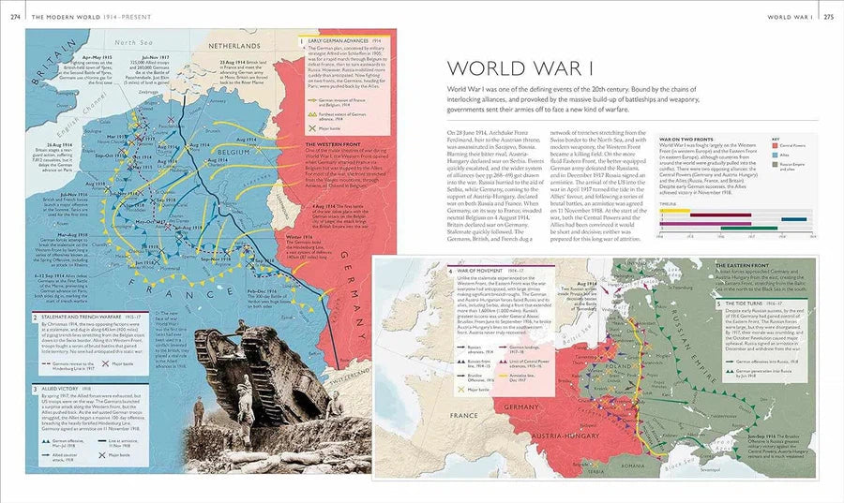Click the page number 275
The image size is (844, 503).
tap(829, 16)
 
